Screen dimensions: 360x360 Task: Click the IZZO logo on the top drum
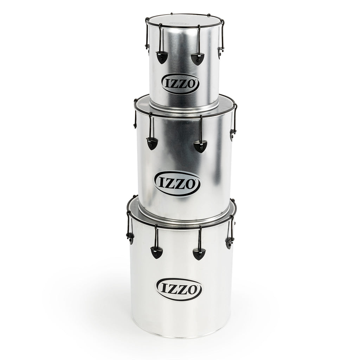coord(180,84)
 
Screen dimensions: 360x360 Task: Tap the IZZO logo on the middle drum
coord(177,184)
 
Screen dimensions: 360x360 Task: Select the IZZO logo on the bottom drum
coord(179,290)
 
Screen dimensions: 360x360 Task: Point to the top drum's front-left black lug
coord(162,57)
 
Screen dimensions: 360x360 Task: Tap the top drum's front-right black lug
coord(198,59)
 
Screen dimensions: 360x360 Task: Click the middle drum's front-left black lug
coord(152,143)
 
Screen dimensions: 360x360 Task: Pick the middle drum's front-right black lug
coord(200,147)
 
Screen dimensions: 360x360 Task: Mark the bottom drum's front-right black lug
coord(199,254)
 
